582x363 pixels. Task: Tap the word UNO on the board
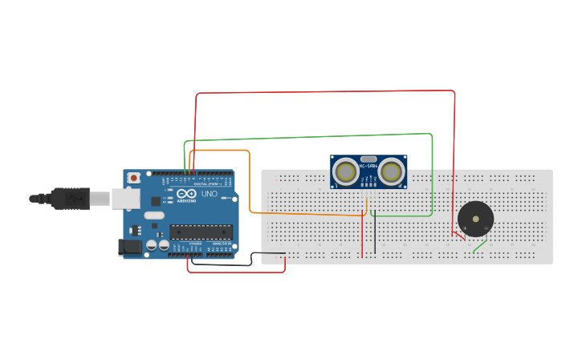pyautogui.click(x=209, y=194)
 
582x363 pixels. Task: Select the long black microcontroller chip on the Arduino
pyautogui.click(x=200, y=232)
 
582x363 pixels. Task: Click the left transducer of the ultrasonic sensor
pyautogui.click(x=347, y=171)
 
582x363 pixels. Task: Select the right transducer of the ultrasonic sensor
pyautogui.click(x=392, y=171)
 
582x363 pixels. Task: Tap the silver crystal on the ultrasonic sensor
pyautogui.click(x=369, y=159)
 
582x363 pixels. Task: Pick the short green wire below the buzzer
pyautogui.click(x=479, y=245)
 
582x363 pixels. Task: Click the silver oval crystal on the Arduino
pyautogui.click(x=153, y=215)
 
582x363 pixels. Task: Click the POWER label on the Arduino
pyautogui.click(x=196, y=244)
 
